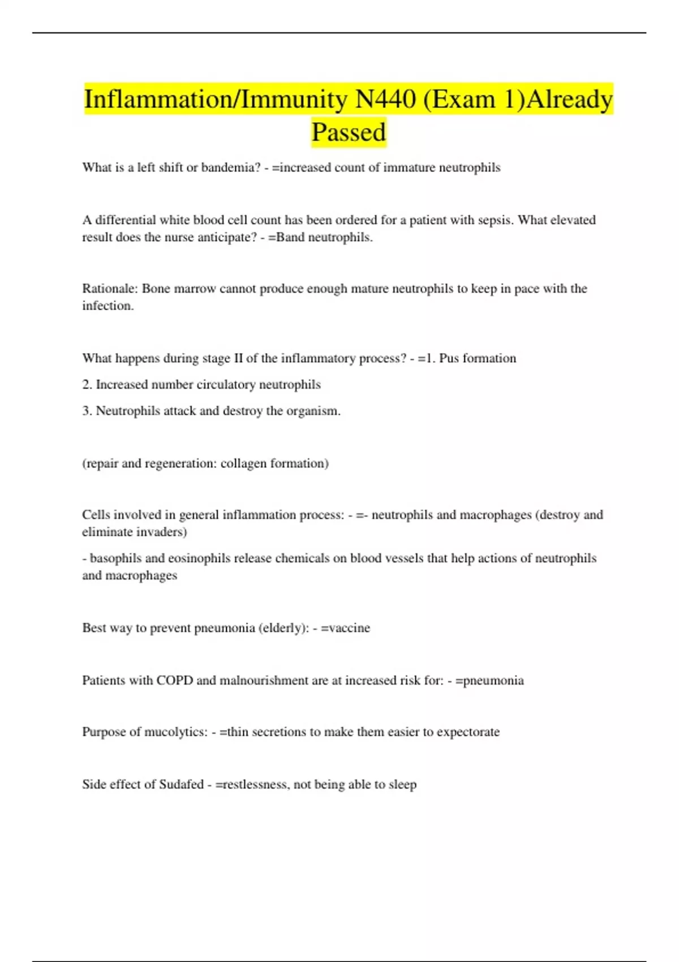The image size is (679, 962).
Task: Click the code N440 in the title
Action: point(385,100)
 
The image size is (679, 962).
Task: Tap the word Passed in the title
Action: point(349,132)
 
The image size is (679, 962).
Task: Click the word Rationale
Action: point(110,289)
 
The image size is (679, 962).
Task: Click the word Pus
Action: point(449,358)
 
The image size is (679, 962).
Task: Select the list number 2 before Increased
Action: point(87,385)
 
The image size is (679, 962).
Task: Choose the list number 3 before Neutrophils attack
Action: point(87,411)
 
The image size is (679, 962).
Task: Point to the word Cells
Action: point(96,515)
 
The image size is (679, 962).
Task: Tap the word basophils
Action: point(115,559)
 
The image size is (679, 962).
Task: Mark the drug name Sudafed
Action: point(181,784)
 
